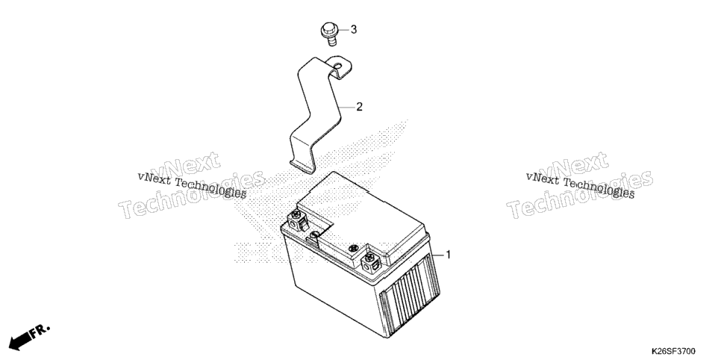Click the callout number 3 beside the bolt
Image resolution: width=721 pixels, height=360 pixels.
tap(354, 29)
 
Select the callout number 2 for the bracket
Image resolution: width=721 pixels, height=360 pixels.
tap(359, 107)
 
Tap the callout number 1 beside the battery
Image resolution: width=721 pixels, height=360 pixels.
tap(449, 255)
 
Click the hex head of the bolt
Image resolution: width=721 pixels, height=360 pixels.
tap(328, 31)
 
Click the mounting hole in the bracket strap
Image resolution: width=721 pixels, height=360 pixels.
tap(338, 66)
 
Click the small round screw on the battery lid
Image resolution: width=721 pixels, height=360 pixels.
tap(354, 249)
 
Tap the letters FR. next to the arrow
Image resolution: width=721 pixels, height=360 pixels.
tap(41, 331)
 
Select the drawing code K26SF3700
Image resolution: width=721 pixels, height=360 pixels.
tap(672, 351)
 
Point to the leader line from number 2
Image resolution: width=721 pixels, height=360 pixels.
tap(347, 107)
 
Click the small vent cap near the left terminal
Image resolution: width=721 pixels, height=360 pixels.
tap(314, 236)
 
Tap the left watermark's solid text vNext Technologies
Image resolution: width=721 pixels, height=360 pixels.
tap(193, 185)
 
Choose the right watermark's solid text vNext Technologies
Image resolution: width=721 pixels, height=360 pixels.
tap(580, 185)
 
